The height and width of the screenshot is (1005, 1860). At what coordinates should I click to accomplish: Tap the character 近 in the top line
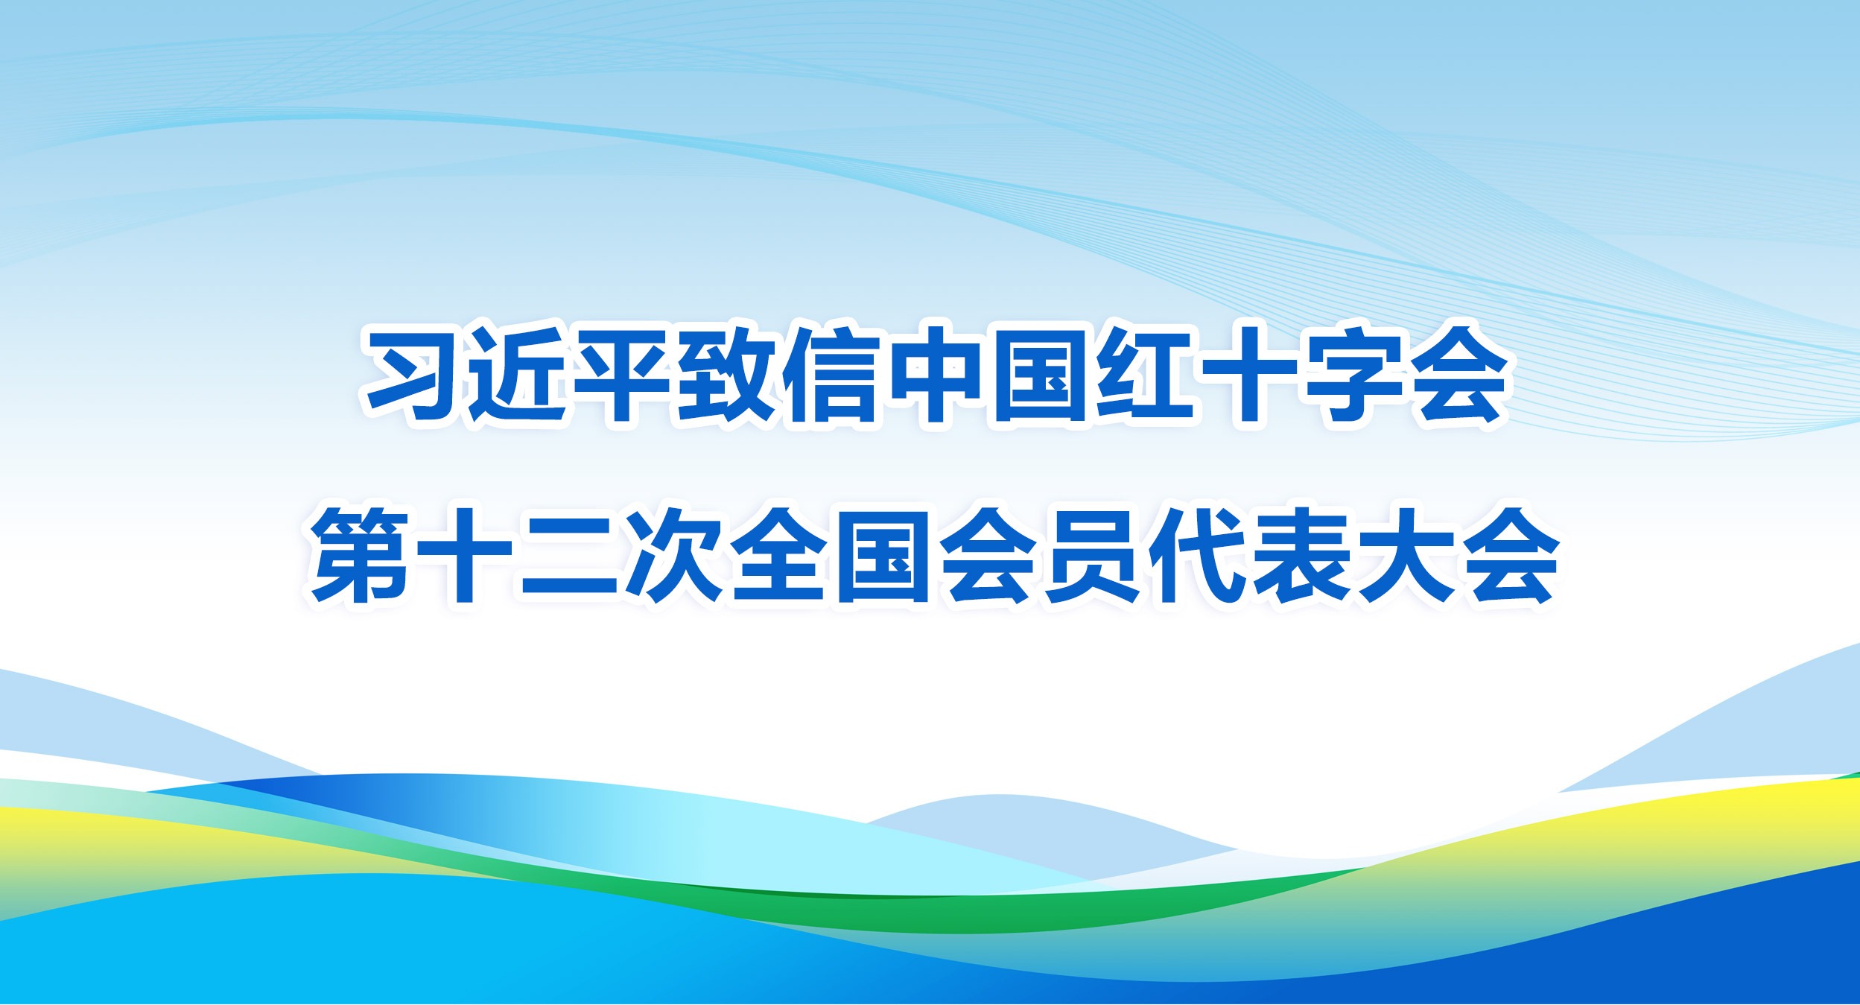516,374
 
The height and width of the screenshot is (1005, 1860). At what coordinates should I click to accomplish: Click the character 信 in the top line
831,374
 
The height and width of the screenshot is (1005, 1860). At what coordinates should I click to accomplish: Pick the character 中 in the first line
935,374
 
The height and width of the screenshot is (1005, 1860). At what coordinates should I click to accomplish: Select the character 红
1143,374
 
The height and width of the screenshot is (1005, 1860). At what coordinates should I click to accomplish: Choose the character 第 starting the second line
360,556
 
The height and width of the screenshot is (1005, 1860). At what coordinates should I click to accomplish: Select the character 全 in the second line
778,556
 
